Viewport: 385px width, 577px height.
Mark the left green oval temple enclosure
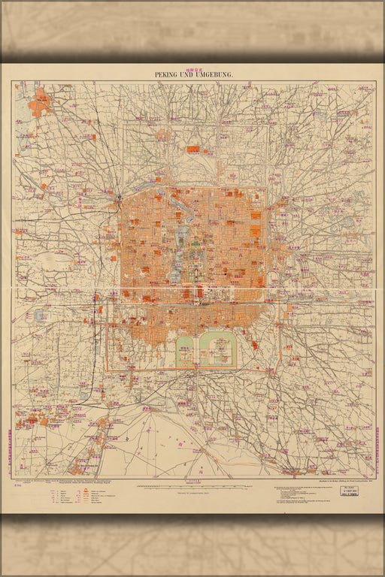tap(185, 349)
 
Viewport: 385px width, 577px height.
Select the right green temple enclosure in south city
tap(217, 349)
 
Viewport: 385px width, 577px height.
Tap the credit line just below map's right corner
tap(331, 481)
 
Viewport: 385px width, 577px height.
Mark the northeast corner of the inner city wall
tap(265, 189)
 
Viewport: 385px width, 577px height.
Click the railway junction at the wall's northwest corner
tap(119, 197)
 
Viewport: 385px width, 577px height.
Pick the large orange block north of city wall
tap(193, 150)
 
